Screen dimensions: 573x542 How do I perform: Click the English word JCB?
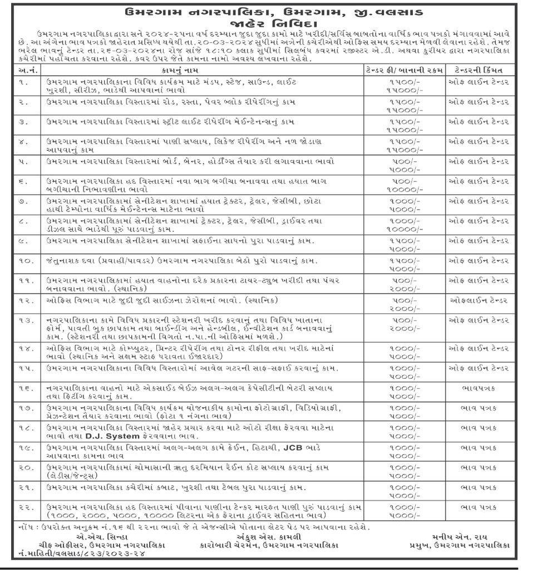tap(293, 447)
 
